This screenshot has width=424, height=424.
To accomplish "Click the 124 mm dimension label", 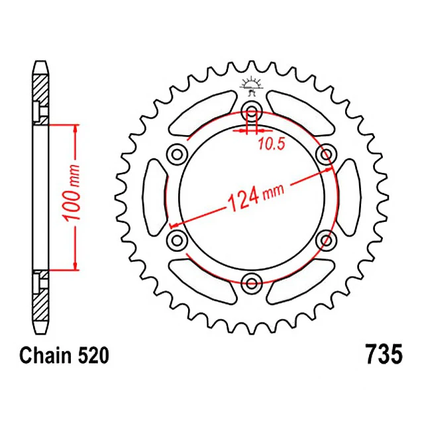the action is [x=256, y=197].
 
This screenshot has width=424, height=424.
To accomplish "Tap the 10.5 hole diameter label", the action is [x=272, y=144].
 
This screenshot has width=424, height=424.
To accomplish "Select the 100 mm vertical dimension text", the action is [x=71, y=192].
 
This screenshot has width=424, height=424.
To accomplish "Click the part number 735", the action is [x=384, y=354].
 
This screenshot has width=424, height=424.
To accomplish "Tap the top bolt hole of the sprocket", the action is [x=252, y=111].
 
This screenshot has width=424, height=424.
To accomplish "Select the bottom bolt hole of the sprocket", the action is [x=252, y=283].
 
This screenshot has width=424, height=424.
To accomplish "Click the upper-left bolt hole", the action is [x=177, y=154].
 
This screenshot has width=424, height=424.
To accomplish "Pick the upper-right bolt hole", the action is [x=327, y=154].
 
